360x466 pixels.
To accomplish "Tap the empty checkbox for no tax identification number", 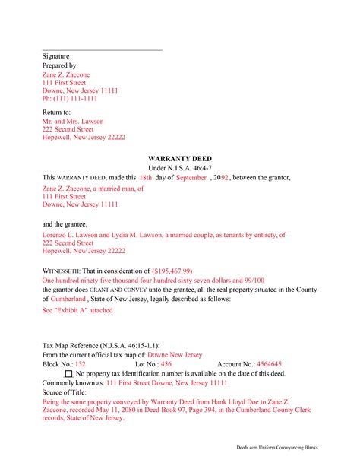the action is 69,375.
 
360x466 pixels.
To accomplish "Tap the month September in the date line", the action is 191,177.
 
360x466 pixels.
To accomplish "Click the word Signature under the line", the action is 55,56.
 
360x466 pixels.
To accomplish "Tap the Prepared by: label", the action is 59,66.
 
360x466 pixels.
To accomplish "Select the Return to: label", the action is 56,113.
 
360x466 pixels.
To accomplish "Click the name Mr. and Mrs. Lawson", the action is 73,121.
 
